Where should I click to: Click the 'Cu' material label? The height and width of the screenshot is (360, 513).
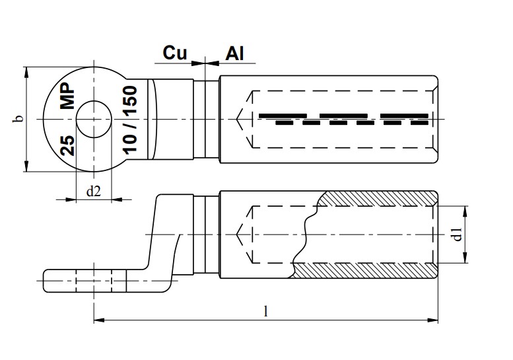coord(175,54)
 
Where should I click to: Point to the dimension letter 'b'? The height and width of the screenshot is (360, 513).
coord(19,120)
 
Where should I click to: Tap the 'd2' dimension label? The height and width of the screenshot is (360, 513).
coord(94,192)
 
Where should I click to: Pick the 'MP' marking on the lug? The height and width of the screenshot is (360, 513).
coord(68,96)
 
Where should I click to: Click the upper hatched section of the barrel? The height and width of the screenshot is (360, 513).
coord(376,198)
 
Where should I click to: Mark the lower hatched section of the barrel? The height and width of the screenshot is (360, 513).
coord(363,271)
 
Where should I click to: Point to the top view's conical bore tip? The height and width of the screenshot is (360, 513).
coord(240,119)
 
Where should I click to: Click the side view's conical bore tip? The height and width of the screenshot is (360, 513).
coord(240,234)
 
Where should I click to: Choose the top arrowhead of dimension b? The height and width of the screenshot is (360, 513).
coord(26,71)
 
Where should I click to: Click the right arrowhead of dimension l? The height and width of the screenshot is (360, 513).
coord(435,321)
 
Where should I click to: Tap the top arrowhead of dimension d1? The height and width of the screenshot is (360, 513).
coord(466,211)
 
